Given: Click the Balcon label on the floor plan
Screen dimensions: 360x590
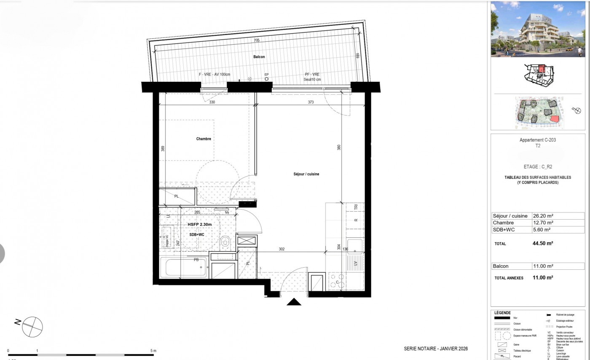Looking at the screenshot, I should point(259,57).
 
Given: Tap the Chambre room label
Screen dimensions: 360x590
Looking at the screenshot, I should point(204,139).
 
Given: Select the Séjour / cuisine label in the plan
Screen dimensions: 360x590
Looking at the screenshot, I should point(306,174).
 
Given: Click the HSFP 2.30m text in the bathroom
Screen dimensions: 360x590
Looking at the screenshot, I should point(199,225).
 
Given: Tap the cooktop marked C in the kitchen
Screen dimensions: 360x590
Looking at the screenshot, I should point(337,282).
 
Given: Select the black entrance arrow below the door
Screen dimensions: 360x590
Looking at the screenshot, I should point(294,302).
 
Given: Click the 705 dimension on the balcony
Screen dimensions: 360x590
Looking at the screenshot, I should point(256,40).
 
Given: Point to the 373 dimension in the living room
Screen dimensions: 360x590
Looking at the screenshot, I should point(310,102).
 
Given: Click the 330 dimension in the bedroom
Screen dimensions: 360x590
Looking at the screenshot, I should point(212,102).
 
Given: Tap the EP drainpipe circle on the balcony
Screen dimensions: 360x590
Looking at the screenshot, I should point(266,79).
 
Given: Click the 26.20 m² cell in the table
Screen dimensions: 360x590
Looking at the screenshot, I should point(543,216).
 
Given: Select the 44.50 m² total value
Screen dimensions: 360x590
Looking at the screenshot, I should point(543,243).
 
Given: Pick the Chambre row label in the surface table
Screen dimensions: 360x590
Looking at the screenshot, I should point(503,223).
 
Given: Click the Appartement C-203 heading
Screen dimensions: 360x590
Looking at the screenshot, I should point(537,140).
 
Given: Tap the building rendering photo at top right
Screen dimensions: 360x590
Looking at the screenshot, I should point(538,29).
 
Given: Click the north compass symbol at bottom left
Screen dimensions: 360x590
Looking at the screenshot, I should point(32,326).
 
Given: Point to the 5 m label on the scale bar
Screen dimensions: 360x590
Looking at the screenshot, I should point(153,351).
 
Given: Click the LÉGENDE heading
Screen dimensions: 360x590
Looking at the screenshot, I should point(502,313).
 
